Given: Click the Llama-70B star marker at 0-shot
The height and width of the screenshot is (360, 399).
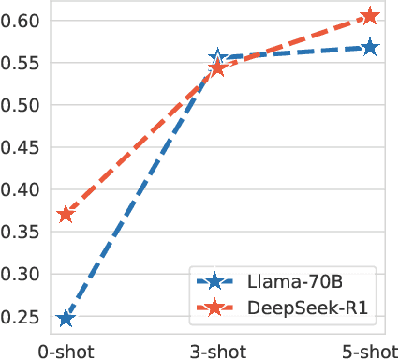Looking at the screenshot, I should (x=66, y=319).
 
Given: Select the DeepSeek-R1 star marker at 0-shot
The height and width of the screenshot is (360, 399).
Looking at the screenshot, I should (x=66, y=215).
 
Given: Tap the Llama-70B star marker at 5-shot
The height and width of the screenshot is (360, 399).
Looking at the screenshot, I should (x=371, y=48).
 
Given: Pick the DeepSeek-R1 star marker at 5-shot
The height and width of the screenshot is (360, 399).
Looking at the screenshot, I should (x=371, y=16).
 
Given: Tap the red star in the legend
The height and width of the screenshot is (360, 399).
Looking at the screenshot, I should (x=214, y=307).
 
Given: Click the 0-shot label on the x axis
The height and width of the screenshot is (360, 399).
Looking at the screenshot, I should (x=65, y=350).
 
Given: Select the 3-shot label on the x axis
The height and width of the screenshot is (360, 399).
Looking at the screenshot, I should (x=217, y=350).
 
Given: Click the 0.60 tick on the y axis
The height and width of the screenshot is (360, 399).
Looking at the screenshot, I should (x=22, y=21).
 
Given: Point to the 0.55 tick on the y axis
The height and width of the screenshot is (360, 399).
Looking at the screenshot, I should (x=22, y=63).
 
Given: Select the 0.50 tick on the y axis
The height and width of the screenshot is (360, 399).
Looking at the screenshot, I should (x=22, y=105).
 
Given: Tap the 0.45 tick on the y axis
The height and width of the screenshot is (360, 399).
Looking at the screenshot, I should (x=22, y=147).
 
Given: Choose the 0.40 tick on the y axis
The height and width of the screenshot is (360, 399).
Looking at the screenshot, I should (x=22, y=189).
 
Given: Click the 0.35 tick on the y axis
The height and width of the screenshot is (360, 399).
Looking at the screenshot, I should (x=22, y=232).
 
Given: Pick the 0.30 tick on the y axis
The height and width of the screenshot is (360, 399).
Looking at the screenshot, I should (x=22, y=275).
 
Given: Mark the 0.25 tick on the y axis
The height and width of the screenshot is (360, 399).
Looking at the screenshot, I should (x=22, y=317).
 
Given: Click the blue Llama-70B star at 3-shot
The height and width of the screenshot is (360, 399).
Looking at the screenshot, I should (x=218, y=59).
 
